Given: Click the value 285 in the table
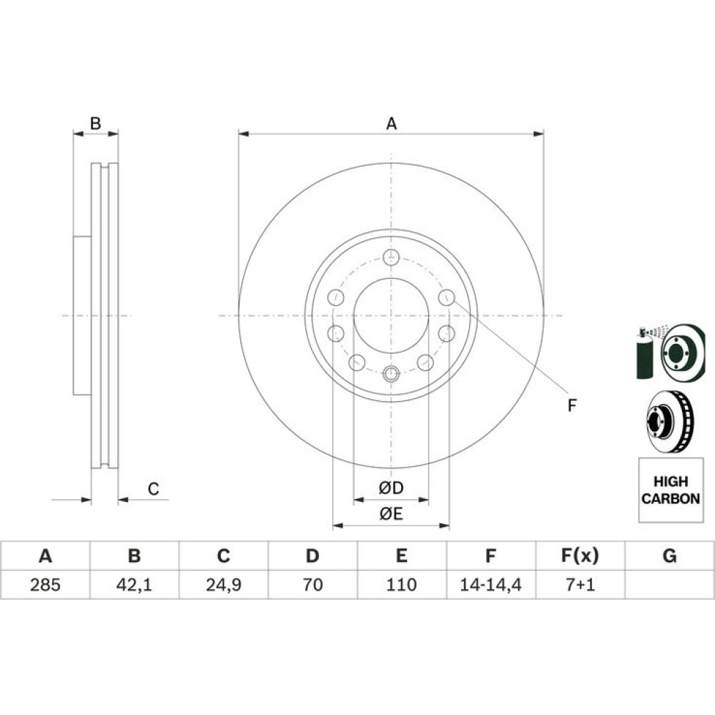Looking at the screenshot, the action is point(45,585).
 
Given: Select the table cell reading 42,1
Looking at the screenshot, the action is point(134,585).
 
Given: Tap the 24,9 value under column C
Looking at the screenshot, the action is point(223,585).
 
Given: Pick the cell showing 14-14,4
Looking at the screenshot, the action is point(490,585).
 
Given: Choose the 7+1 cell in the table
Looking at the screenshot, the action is point(581,585).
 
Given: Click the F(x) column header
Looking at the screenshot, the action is point(580,556).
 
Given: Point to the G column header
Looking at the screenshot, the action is point(669,556).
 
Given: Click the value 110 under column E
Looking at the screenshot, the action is point(401,585).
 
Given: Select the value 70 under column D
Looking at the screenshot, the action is point(313,585).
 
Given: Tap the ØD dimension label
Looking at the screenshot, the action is point(391,488).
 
